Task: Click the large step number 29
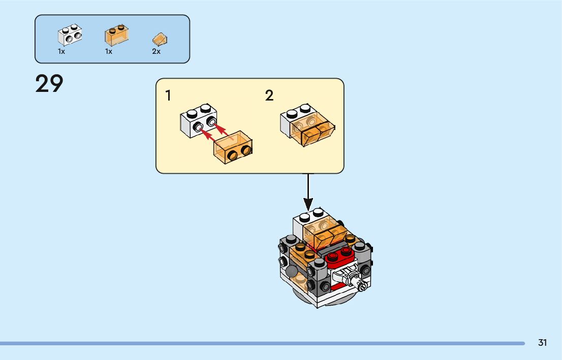tap(49, 84)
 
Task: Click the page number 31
tap(543, 343)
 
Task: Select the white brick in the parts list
tap(70, 35)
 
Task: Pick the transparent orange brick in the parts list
tap(116, 36)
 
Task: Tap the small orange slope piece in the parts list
tap(160, 39)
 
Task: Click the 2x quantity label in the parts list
tap(156, 52)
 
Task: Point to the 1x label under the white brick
tap(61, 52)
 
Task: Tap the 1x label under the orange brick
tap(109, 52)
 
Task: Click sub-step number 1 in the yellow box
tap(168, 95)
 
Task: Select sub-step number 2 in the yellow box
tap(269, 95)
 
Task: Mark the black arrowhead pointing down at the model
tap(308, 203)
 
